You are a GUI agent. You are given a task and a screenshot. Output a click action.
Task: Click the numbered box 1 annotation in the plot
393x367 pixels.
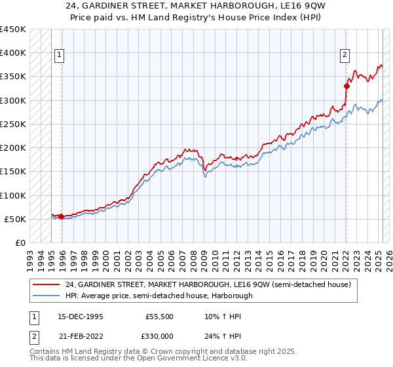[59, 56]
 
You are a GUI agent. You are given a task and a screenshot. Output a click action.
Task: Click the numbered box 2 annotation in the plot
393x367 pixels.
[345, 56]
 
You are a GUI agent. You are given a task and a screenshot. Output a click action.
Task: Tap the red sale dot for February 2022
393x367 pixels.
[347, 85]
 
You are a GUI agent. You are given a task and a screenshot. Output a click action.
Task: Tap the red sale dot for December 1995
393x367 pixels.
[62, 216]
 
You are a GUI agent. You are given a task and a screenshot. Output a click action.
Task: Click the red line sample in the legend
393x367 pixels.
[47, 284]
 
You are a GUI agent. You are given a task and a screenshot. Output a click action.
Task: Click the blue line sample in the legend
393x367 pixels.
[47, 296]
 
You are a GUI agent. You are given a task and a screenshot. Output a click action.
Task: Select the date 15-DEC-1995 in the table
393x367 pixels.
[80, 316]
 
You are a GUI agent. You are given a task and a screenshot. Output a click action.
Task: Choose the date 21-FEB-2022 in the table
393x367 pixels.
[80, 336]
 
